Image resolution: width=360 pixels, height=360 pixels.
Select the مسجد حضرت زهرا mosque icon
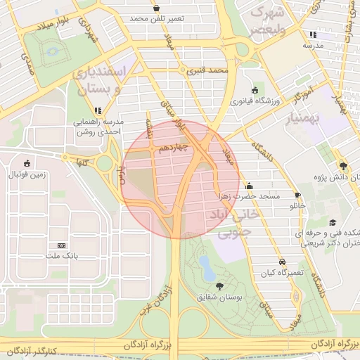click(250, 186)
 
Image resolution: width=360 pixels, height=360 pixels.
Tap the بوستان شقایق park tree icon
click(221, 286)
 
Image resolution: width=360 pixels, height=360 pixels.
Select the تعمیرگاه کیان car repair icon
click(281, 261)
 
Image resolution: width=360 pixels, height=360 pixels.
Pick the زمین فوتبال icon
click(27, 162)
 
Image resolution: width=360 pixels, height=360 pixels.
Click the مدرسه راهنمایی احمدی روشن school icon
click(98, 110)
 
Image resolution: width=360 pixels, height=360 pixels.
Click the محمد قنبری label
click(214, 70)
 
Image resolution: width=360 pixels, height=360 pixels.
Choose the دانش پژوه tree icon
click(343, 166)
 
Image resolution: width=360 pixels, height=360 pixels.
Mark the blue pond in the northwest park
click(53, 52)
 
